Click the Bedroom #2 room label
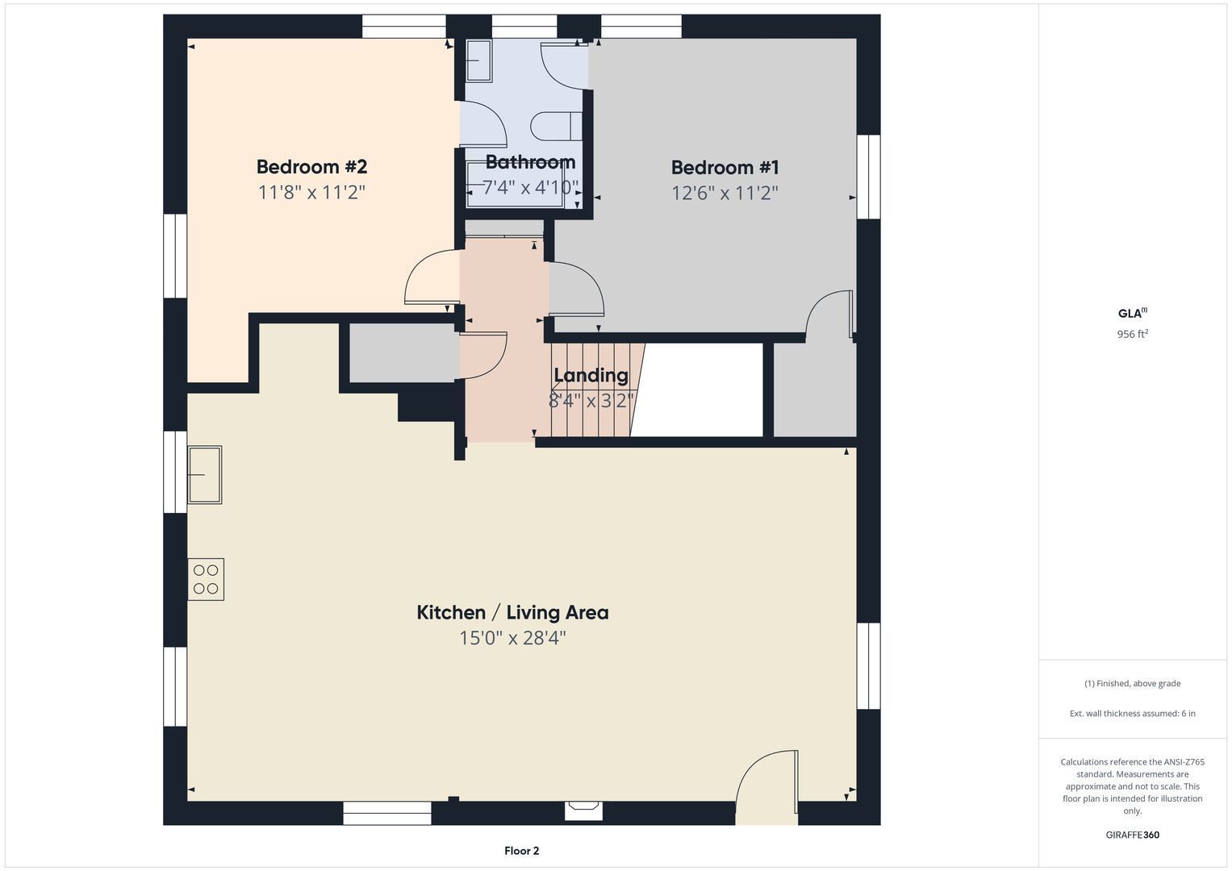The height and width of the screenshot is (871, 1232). (311, 167)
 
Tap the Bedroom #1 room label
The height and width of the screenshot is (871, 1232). (725, 167)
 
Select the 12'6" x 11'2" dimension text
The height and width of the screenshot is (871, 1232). (725, 193)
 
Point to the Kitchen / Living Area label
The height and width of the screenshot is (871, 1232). (512, 613)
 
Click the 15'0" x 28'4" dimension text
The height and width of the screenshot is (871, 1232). (512, 638)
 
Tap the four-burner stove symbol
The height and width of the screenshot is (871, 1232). (206, 580)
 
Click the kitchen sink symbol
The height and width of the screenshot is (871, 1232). (205, 474)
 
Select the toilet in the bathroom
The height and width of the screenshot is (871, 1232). (556, 126)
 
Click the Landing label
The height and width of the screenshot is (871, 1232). (591, 375)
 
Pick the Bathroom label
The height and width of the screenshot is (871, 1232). (530, 162)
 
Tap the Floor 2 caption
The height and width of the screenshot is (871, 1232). (521, 851)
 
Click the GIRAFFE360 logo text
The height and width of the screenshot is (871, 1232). (1133, 835)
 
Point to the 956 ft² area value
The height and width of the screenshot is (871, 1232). (1133, 334)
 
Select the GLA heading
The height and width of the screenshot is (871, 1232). (1133, 314)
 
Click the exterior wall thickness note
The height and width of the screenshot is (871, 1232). (1133, 713)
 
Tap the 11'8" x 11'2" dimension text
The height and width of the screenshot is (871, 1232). (312, 193)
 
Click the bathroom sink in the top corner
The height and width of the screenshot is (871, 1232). (478, 61)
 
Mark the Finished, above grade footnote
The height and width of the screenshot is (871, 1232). (1133, 684)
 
